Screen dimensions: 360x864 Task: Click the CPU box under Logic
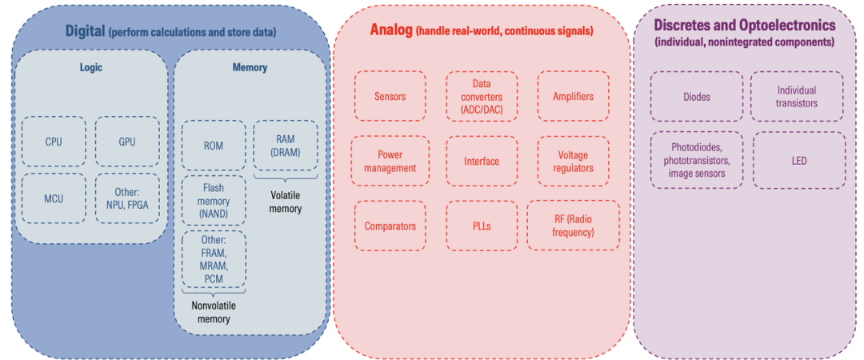click(54, 142)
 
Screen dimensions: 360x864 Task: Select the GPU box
click(127, 142)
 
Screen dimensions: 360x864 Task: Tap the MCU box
click(54, 198)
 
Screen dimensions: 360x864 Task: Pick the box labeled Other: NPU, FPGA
click(127, 198)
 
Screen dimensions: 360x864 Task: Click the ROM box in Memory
click(214, 146)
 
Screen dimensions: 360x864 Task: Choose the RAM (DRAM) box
click(286, 146)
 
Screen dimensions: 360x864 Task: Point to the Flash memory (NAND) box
click(214, 201)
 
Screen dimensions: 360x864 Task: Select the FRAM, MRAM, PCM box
click(214, 259)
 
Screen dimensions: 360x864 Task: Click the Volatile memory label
click(286, 202)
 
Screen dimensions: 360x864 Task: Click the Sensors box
click(390, 96)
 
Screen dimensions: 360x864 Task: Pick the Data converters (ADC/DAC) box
click(482, 96)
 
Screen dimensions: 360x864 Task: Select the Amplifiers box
click(573, 96)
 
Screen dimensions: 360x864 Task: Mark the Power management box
click(390, 161)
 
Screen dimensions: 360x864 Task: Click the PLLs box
click(481, 226)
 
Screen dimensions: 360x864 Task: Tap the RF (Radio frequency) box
click(573, 226)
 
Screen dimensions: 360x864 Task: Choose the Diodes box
click(697, 97)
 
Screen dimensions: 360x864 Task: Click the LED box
click(799, 161)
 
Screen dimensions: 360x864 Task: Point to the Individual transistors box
click(797, 97)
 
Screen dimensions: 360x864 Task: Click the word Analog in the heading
click(391, 30)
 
